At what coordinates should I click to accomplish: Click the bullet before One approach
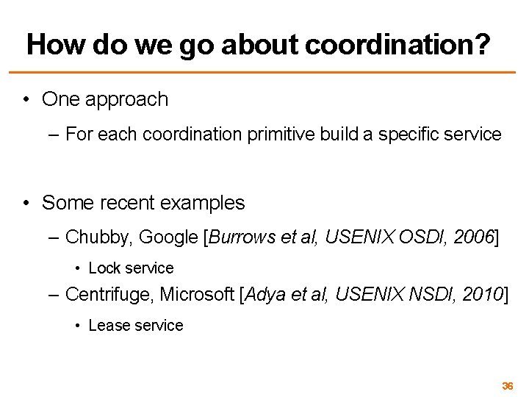(26, 99)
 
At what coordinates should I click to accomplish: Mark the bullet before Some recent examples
(26, 202)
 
